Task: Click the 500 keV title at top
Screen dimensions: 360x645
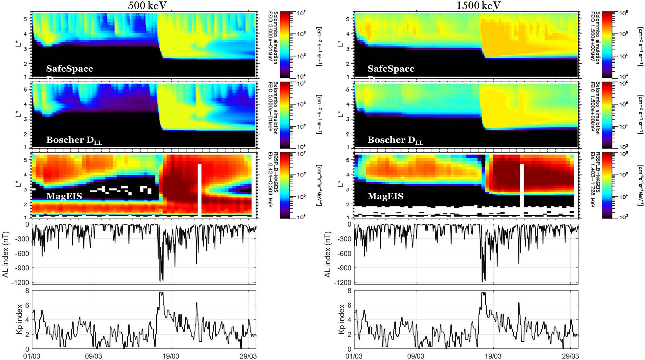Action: click(x=147, y=5)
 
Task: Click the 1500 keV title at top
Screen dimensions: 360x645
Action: click(x=479, y=5)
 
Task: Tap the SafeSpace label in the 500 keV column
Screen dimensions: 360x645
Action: click(x=70, y=69)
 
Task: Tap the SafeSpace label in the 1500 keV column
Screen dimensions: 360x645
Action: click(x=391, y=69)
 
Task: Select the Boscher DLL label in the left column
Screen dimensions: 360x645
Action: click(x=74, y=140)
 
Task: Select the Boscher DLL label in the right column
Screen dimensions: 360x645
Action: click(x=395, y=140)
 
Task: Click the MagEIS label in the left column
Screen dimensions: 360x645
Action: click(x=64, y=196)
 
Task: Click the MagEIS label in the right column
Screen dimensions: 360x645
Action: click(x=385, y=196)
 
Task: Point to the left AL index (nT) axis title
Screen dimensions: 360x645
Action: click(x=5, y=254)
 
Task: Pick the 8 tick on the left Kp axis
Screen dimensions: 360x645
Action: click(x=27, y=291)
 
